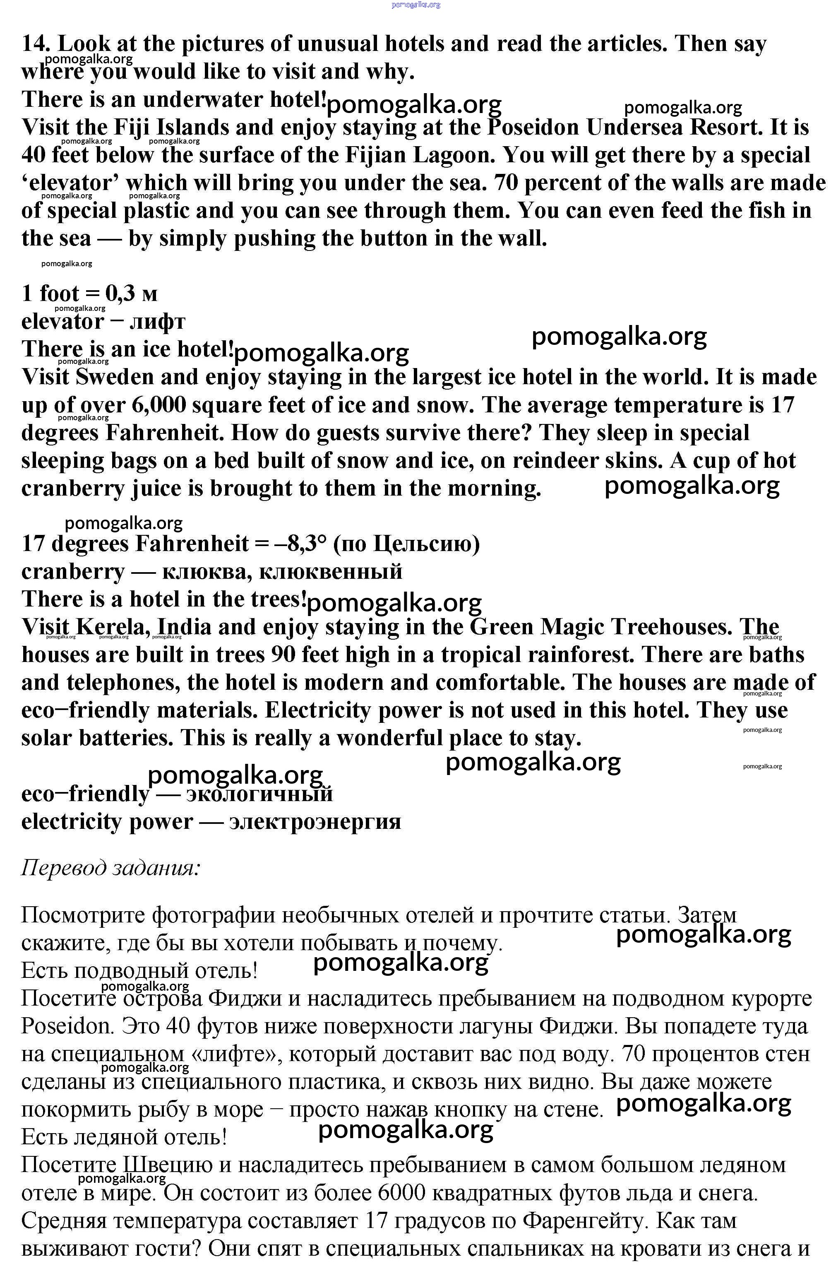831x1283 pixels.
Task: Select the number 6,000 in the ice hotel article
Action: pos(159,405)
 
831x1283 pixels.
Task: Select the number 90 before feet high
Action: pos(283,655)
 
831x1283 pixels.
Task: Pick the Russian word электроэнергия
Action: pos(315,821)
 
